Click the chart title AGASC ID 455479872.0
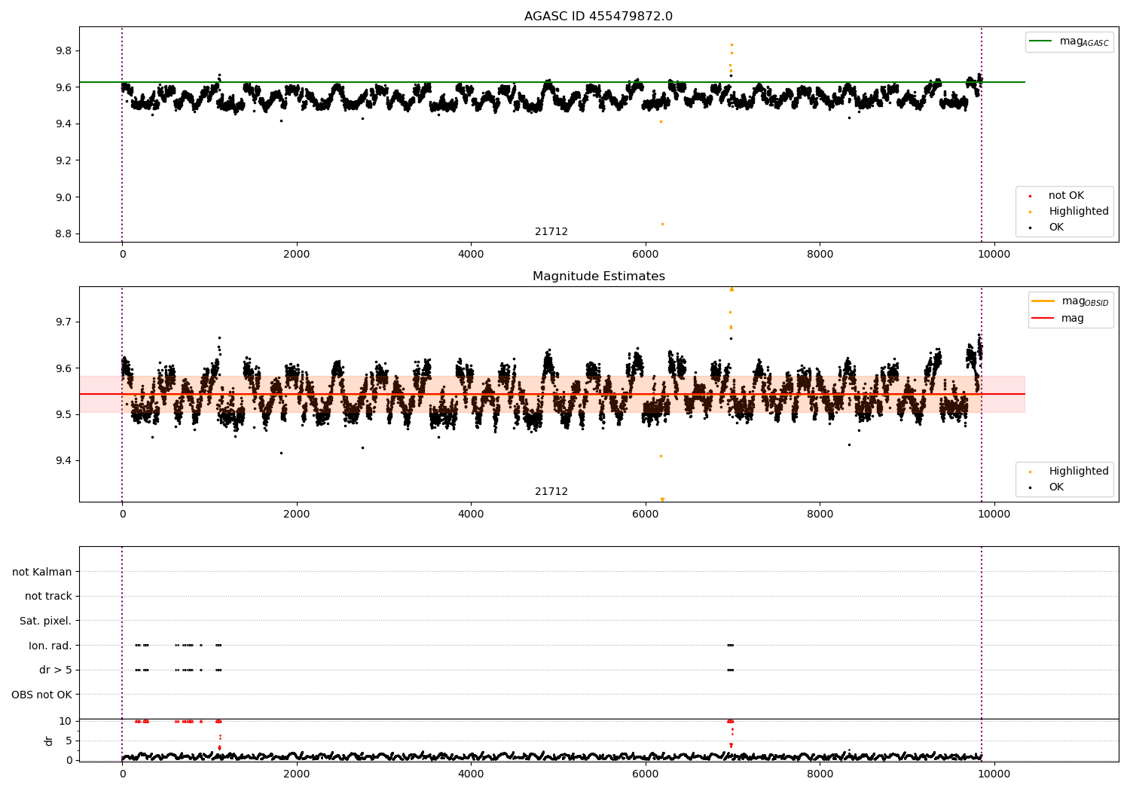coord(598,16)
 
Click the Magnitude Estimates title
coord(599,276)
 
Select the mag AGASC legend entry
coord(1069,41)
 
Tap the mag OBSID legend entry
coord(1070,301)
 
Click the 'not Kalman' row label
coord(42,572)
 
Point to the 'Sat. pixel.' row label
coord(45,621)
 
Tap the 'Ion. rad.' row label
coord(50,645)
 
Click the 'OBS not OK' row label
coord(42,695)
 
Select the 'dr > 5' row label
coord(56,670)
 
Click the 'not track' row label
coord(48,596)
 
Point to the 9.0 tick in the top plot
coord(63,197)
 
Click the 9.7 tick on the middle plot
coord(63,322)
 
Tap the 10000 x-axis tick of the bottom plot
coord(994,774)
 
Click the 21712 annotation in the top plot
coord(551,231)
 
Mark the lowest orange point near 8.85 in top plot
coord(662,224)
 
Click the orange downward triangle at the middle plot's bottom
coord(662,499)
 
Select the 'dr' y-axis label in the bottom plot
coord(48,741)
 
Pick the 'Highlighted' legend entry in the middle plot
coord(1069,471)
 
